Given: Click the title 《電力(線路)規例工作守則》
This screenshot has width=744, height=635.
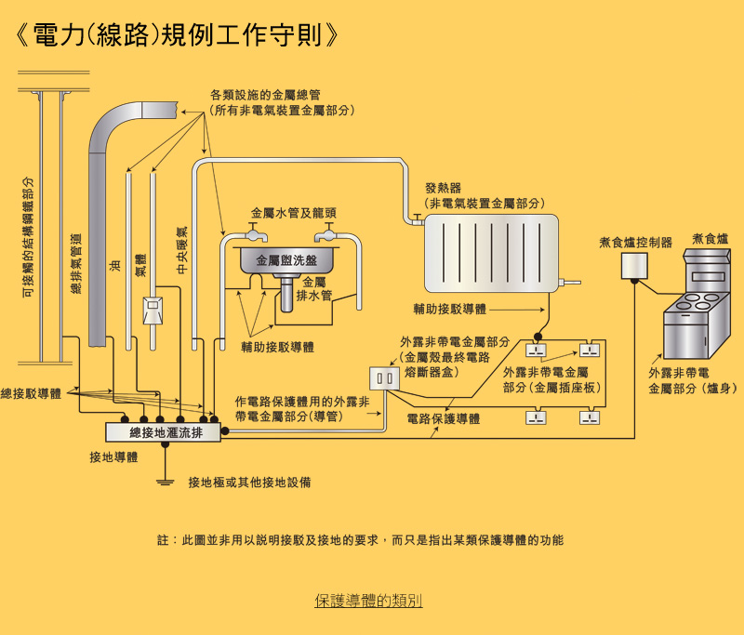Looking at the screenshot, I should click(177, 35).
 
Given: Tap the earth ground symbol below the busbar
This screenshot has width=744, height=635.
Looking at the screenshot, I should click(166, 482).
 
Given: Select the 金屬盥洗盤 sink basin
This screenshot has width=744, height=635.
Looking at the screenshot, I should click(286, 261).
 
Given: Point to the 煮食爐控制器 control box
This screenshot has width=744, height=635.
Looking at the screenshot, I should click(635, 267).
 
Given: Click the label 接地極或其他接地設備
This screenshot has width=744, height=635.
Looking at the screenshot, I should click(249, 483).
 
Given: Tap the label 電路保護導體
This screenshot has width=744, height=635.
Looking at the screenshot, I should click(444, 419).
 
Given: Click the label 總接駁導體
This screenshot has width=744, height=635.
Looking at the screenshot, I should click(31, 394).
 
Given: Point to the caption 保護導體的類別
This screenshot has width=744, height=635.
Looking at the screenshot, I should click(368, 602).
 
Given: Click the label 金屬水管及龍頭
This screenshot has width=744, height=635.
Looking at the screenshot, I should click(287, 214).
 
